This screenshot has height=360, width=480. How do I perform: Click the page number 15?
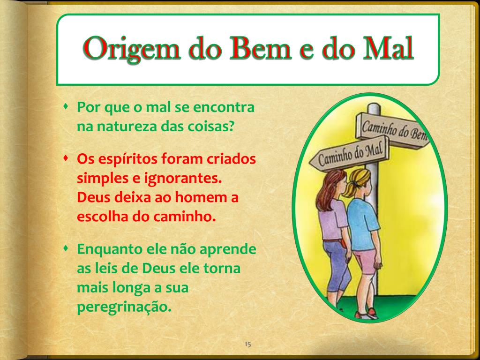coord(248,345)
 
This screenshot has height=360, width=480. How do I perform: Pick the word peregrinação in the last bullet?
coord(122,307)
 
